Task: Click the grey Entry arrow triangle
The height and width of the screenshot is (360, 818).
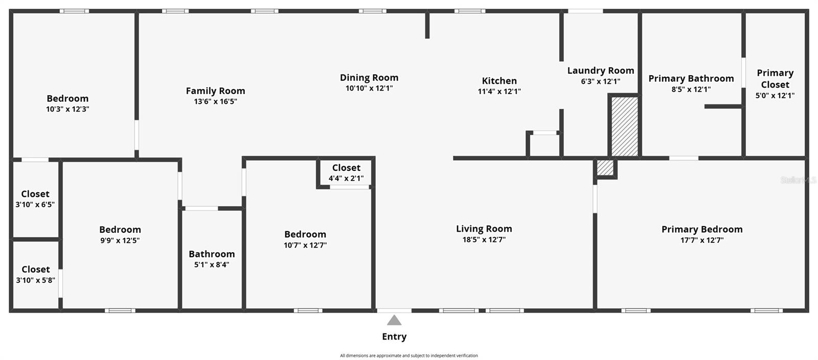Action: pyautogui.click(x=394, y=321)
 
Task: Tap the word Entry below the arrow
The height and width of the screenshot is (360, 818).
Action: pyautogui.click(x=394, y=336)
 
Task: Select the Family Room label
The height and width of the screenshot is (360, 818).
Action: pyautogui.click(x=215, y=91)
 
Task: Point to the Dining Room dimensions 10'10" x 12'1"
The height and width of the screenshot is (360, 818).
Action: pyautogui.click(x=369, y=88)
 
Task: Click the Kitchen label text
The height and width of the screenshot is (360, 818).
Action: pyautogui.click(x=499, y=81)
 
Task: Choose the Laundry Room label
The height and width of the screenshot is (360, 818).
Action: pyautogui.click(x=601, y=71)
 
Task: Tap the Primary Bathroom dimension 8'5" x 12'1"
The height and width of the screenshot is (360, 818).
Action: pyautogui.click(x=691, y=89)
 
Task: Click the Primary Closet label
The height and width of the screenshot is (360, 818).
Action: pyautogui.click(x=775, y=79)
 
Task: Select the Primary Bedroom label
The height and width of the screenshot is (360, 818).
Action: pyautogui.click(x=702, y=230)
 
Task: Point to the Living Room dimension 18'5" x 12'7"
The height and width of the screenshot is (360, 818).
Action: pyautogui.click(x=484, y=240)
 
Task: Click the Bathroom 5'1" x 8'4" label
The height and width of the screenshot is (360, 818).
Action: pyautogui.click(x=212, y=259)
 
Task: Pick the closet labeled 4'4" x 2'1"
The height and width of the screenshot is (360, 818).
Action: pyautogui.click(x=346, y=173)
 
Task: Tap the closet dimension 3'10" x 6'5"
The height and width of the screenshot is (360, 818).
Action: pyautogui.click(x=35, y=205)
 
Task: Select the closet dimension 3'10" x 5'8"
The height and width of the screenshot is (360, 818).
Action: pyautogui.click(x=35, y=280)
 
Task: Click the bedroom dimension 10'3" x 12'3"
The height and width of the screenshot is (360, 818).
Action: pyautogui.click(x=67, y=109)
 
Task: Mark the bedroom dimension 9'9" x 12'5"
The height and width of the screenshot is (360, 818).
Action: pyautogui.click(x=120, y=241)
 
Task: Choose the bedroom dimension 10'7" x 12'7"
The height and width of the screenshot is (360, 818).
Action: pyautogui.click(x=305, y=245)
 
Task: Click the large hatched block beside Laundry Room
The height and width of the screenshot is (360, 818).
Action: pyautogui.click(x=624, y=126)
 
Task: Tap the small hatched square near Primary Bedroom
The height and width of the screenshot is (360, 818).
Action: pyautogui.click(x=605, y=168)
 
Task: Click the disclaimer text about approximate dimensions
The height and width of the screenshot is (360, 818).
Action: pyautogui.click(x=408, y=355)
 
